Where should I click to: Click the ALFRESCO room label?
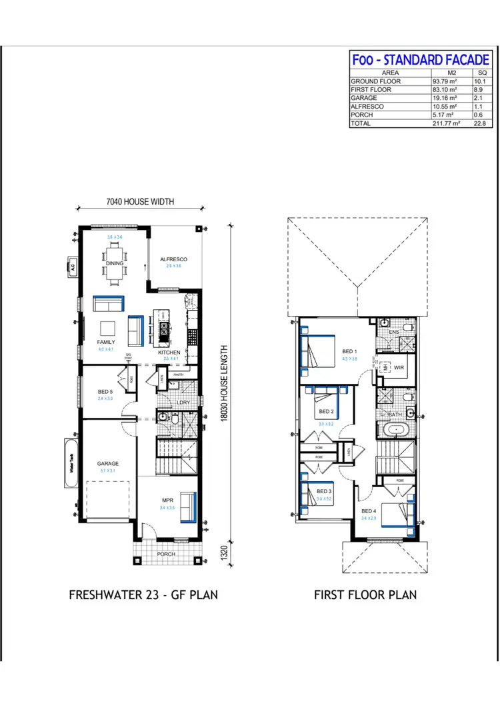173,259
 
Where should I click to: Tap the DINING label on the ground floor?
115,263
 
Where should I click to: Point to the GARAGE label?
107,463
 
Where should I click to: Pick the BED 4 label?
369,512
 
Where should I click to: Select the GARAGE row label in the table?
363,97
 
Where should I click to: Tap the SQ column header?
483,73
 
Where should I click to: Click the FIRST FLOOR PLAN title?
365,594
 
